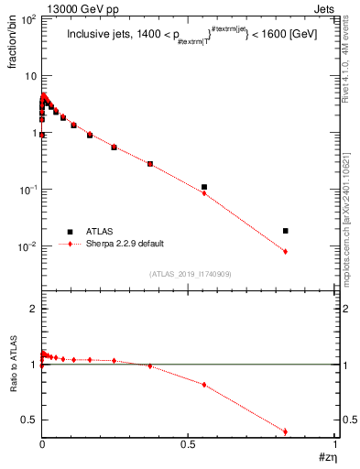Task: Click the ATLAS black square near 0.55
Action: [204, 187]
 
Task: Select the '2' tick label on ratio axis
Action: [31, 310]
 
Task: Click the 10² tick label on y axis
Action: [27, 18]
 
